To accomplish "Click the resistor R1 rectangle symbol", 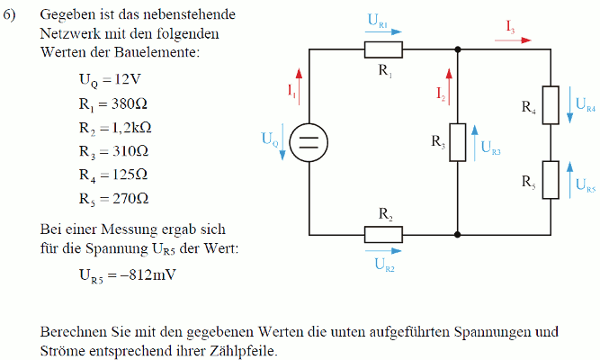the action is [x=383, y=49].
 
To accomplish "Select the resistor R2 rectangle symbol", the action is [x=383, y=234].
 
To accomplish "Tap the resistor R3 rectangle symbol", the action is [x=458, y=142].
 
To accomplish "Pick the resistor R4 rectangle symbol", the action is [x=551, y=105].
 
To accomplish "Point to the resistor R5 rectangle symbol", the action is [x=551, y=180].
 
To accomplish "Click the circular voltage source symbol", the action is [x=309, y=142].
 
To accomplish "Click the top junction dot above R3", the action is [x=458, y=49].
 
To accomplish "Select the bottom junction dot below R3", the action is [x=458, y=234].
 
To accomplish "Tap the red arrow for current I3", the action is [x=513, y=40].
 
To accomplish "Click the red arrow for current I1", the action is [x=299, y=86].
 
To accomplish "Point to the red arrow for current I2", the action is [x=449, y=86].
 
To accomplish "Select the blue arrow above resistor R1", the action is [x=383, y=32].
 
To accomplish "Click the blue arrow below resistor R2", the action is [x=383, y=251].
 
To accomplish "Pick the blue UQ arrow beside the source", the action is [x=282, y=141].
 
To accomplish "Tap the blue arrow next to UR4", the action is [x=569, y=104].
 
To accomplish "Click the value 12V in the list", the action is [x=128, y=79].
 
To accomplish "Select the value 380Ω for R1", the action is [x=130, y=103].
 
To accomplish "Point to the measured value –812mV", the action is [x=148, y=275].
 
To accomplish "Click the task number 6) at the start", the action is [x=9, y=15].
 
